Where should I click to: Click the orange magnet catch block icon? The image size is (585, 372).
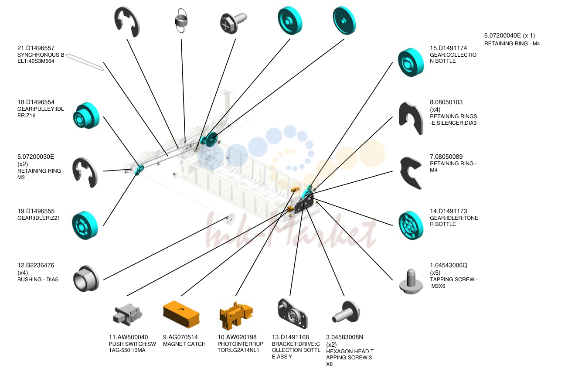181,314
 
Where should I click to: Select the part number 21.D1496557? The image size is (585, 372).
36,48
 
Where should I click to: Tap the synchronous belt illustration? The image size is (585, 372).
85,62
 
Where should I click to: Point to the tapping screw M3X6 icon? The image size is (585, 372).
411,281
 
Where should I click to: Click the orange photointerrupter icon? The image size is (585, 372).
236,316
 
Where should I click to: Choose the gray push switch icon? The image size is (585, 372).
127,314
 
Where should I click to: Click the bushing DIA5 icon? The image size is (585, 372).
86,279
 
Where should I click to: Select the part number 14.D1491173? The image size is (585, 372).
449,211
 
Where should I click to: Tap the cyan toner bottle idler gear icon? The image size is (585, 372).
411,225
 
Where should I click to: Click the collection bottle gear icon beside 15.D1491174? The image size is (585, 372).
411,62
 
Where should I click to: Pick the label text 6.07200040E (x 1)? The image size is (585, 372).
510,35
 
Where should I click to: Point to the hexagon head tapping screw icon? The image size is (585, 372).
346,312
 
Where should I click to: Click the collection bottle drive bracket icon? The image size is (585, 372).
292,314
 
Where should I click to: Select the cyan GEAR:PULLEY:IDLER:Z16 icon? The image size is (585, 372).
86,116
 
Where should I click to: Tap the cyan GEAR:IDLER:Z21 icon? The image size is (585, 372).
85,225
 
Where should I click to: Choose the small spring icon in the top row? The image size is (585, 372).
181,20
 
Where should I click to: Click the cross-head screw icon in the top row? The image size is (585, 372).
233,23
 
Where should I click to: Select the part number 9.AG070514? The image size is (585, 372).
180,337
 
